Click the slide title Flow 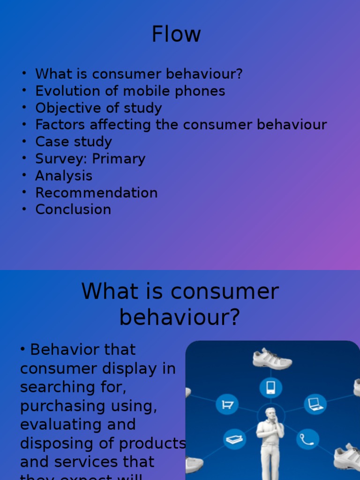pos(176,34)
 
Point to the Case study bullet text pos(74,142)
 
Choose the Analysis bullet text pos(64,176)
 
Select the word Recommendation pos(97,193)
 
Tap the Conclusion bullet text pos(73,210)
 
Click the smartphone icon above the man pos(270,388)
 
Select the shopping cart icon pos(227,404)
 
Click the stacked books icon pos(234,440)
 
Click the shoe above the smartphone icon pos(272,359)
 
